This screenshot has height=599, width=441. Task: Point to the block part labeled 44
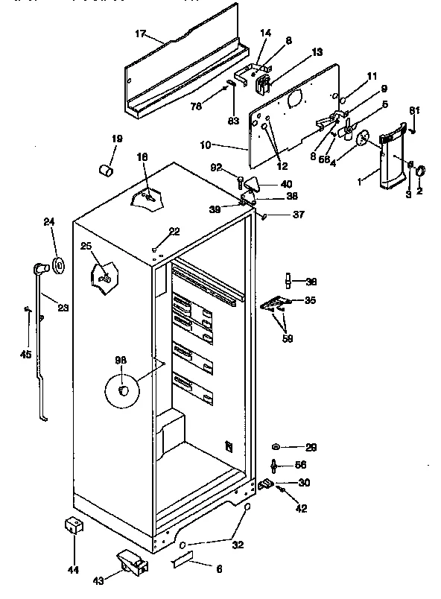[72, 527]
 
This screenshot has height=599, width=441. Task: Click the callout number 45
[25, 354]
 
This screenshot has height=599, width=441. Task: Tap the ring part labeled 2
[420, 171]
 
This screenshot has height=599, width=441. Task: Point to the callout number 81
[414, 111]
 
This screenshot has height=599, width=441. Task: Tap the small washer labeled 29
[277, 447]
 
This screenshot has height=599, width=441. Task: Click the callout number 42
[300, 510]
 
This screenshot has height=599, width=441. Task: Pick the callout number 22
[174, 232]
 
